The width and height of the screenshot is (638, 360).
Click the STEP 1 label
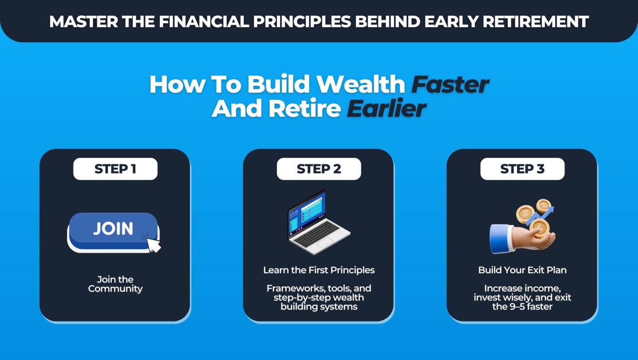[115, 169]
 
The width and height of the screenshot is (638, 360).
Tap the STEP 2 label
[319, 169]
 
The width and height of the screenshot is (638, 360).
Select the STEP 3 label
[522, 169]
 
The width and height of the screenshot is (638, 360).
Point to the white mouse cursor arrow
[153, 244]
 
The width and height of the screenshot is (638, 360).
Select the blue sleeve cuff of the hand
[500, 239]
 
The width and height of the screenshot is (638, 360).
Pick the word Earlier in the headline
[386, 108]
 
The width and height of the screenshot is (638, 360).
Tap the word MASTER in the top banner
[83, 22]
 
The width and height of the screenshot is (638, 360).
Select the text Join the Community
[115, 284]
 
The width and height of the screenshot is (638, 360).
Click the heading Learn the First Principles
[319, 270]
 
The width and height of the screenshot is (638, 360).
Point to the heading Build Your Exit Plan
[522, 270]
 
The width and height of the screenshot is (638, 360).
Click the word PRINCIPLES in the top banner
[302, 22]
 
